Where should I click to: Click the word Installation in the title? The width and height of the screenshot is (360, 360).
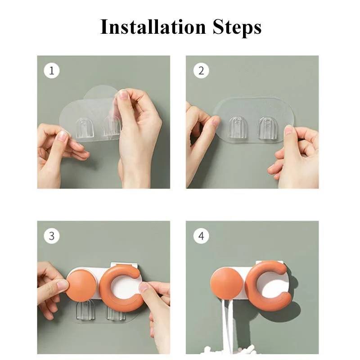click(x=153, y=27)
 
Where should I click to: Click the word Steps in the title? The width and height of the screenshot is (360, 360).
click(x=237, y=28)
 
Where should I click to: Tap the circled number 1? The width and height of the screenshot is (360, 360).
click(x=52, y=71)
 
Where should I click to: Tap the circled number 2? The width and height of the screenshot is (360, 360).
click(x=201, y=71)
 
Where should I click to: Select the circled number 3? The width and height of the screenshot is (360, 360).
click(x=52, y=236)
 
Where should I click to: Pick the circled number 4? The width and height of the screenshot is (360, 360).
click(x=201, y=236)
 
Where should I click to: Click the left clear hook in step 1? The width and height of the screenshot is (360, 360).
click(x=85, y=128)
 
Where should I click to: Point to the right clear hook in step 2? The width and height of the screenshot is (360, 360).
click(x=267, y=128)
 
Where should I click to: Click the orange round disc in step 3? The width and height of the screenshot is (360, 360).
click(x=81, y=286)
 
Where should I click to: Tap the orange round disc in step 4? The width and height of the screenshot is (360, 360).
click(x=226, y=283)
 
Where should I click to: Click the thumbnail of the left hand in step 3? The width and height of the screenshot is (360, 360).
click(x=62, y=285)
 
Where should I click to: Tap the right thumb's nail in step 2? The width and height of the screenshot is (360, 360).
click(x=288, y=131)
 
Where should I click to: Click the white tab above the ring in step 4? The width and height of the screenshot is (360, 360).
click(x=269, y=263)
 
